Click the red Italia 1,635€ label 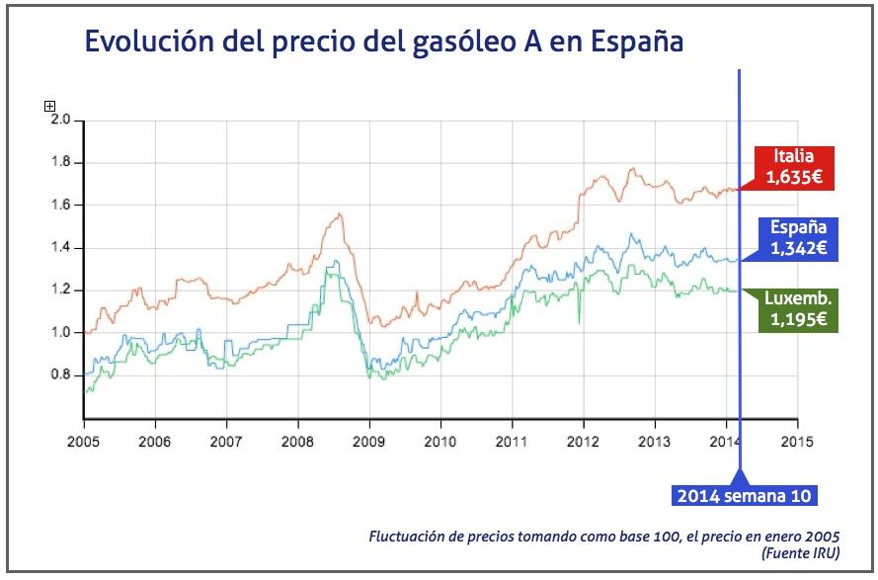coord(794,168)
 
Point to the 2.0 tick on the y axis coord(61,120)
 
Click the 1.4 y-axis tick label coord(61,247)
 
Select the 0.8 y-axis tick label coord(61,374)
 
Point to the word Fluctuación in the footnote coord(407,537)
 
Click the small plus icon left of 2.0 coord(49,106)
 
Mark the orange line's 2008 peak coord(339,213)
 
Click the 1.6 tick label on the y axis coord(61,205)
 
